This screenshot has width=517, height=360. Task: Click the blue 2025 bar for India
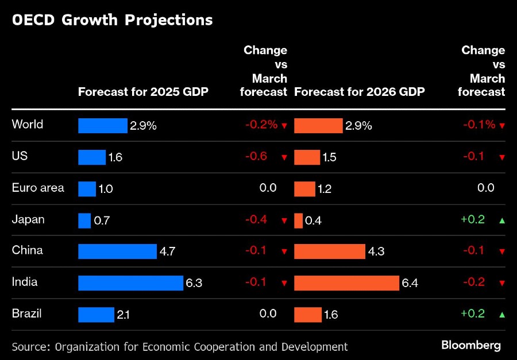(x=130, y=282)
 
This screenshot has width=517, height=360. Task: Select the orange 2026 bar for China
(x=329, y=251)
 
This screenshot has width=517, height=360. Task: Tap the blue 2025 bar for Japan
(x=84, y=220)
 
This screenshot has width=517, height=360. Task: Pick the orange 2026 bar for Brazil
(x=307, y=314)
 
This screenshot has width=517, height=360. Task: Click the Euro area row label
(x=38, y=188)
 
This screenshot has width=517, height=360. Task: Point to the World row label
(x=28, y=125)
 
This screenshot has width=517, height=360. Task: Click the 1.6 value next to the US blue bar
(x=115, y=157)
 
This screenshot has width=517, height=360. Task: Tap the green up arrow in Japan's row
(x=502, y=220)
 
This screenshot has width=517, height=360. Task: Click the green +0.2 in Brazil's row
(x=473, y=313)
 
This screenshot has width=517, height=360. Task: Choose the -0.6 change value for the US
(x=256, y=156)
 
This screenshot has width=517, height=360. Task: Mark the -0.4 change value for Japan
(x=256, y=219)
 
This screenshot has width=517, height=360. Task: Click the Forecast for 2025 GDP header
(x=143, y=92)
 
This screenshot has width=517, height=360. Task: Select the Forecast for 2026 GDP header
(x=360, y=92)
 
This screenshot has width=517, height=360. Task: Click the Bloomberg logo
(x=471, y=345)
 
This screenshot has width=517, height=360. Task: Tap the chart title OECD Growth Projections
(x=112, y=20)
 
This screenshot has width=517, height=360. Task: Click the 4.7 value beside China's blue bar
(x=167, y=251)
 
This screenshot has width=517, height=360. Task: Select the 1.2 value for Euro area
(x=325, y=188)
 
